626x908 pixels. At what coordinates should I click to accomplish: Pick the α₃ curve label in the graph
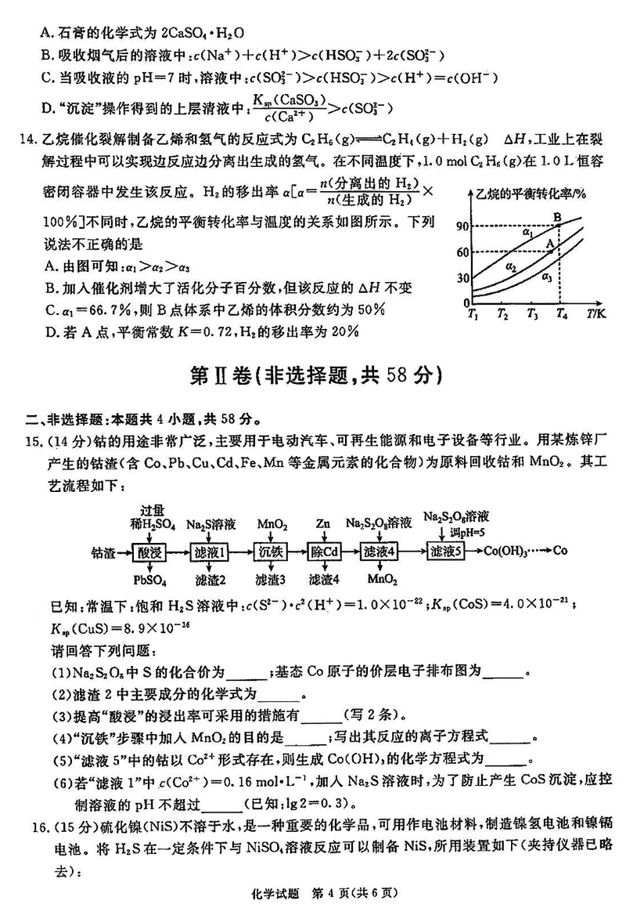coord(547,277)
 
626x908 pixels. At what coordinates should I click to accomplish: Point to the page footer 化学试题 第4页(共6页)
coord(313,891)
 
